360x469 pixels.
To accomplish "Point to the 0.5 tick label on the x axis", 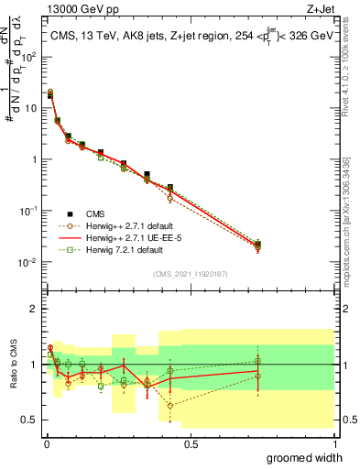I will (190, 444).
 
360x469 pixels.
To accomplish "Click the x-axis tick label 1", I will (335, 444).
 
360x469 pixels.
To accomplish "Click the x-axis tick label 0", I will (44, 444).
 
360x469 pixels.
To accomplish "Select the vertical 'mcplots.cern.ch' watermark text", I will (352, 211).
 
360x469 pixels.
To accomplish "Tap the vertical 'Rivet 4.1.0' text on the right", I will (352, 69).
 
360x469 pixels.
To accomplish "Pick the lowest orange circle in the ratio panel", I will (170, 405).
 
